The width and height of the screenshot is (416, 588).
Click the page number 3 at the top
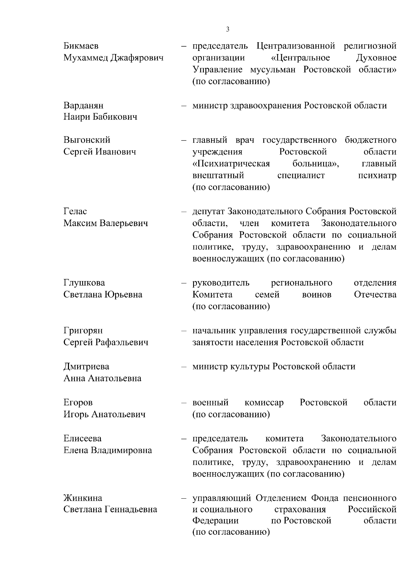tap(227, 29)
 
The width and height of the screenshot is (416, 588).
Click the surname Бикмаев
tap(81, 46)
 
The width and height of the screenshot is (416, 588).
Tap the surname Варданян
tap(83, 105)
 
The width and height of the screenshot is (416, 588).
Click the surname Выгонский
tap(87, 140)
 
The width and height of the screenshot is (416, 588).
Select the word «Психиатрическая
tap(231, 163)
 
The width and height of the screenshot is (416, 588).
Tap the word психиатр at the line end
tap(377, 175)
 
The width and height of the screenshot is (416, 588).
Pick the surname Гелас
tap(75, 211)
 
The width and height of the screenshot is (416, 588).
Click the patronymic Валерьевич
tap(124, 223)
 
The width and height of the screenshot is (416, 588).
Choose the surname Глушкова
tap(84, 283)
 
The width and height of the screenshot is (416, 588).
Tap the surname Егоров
tap(78, 402)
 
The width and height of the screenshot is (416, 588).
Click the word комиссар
tap(264, 402)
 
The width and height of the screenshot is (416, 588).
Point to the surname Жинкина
tap(83, 498)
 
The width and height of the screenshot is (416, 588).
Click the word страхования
tap(300, 509)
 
